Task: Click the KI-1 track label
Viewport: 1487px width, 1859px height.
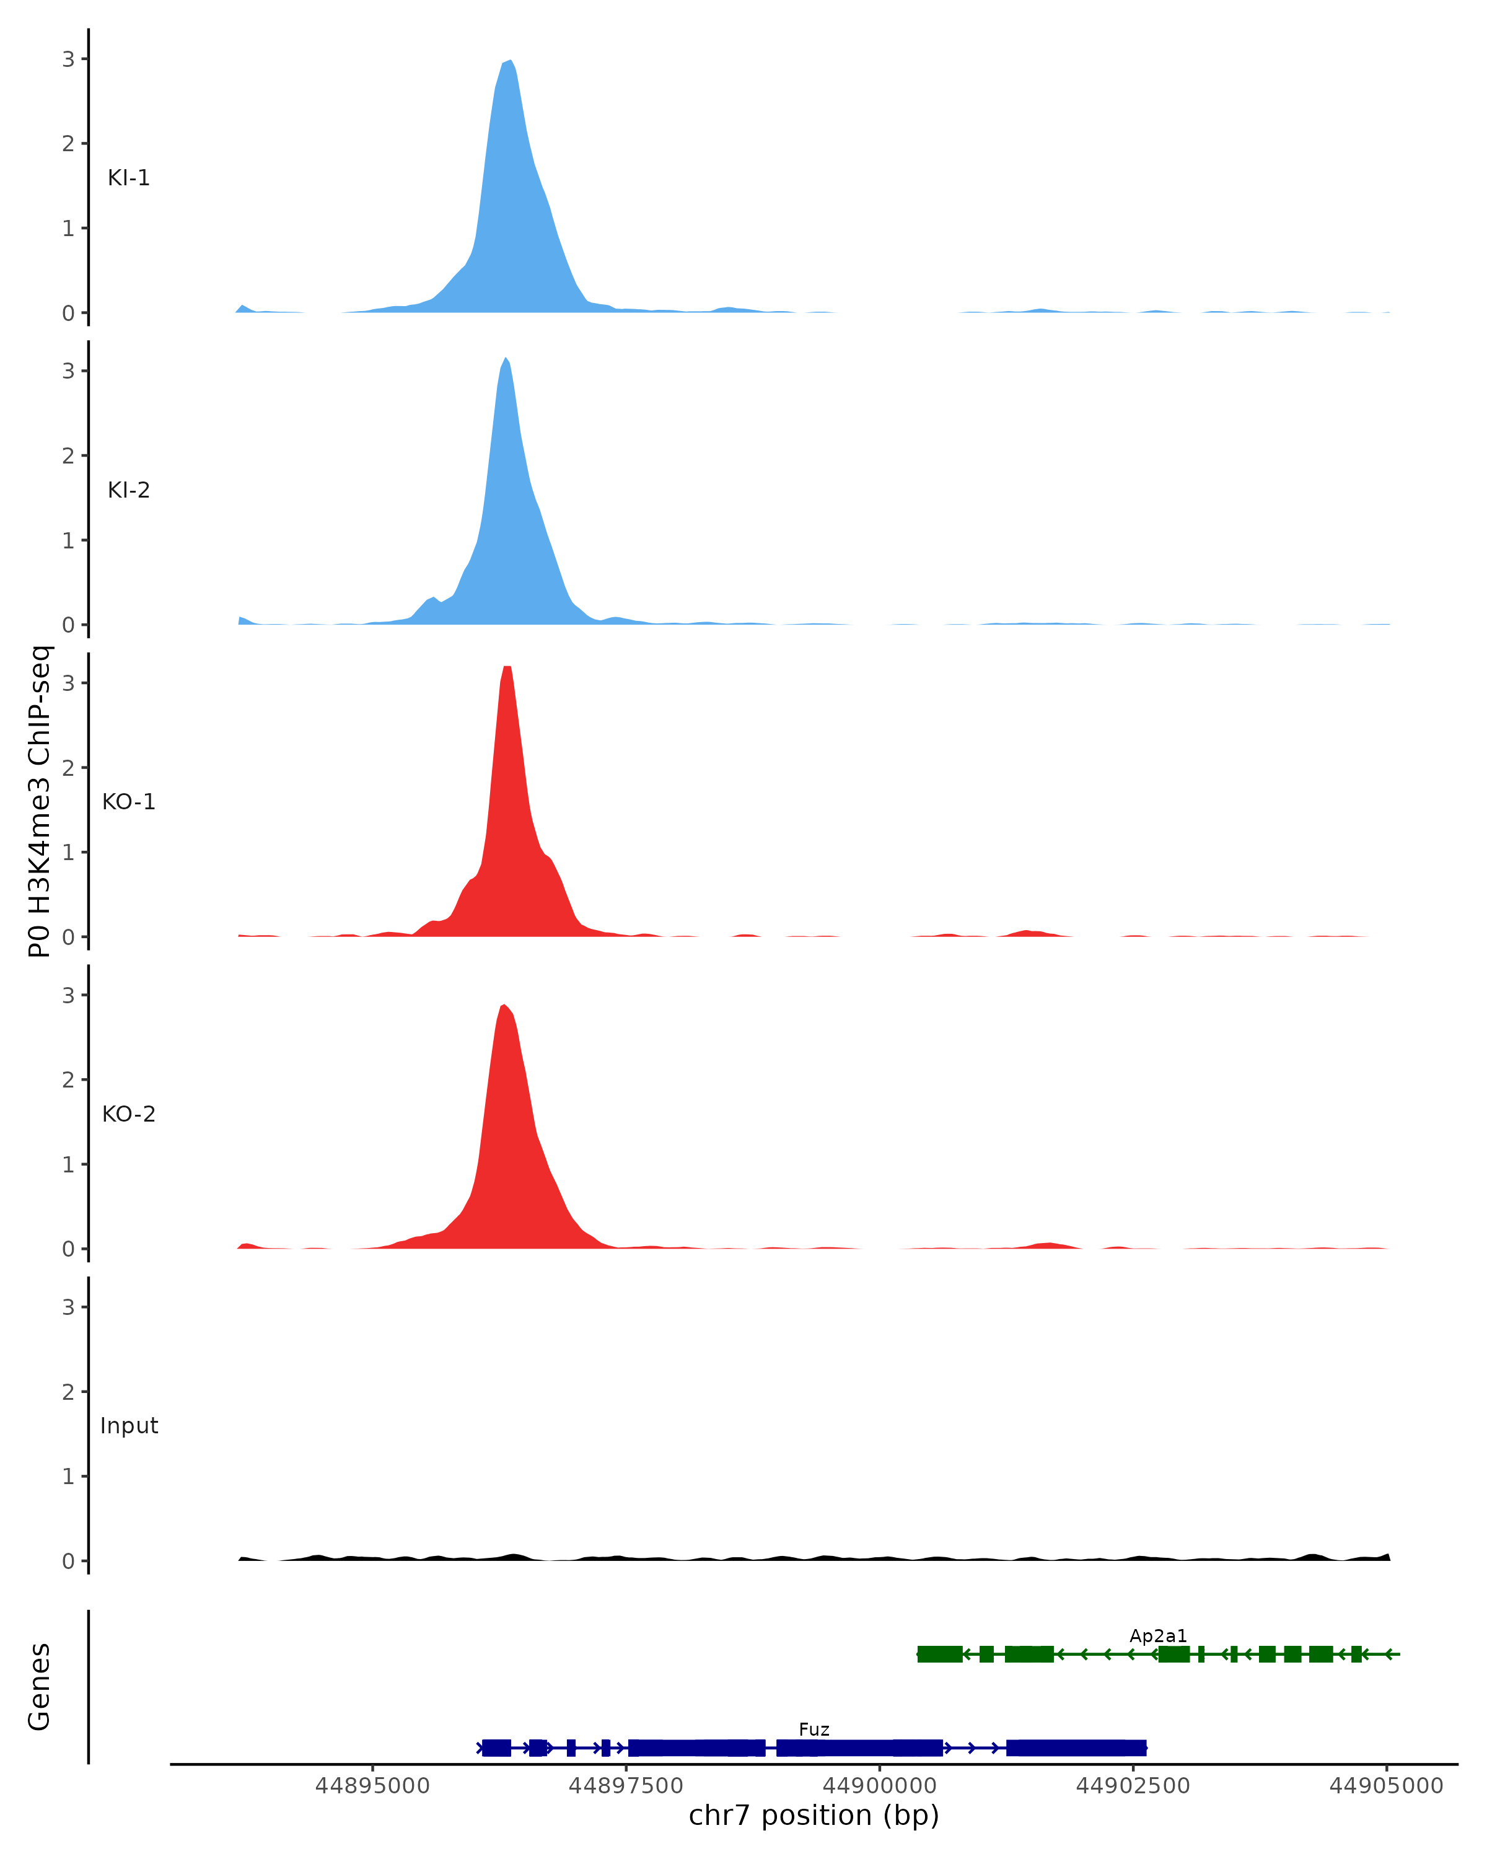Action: [128, 178]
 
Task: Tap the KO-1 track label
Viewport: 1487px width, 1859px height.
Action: [128, 802]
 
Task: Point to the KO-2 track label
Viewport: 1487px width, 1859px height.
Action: [128, 1114]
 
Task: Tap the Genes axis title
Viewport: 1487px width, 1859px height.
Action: [40, 1687]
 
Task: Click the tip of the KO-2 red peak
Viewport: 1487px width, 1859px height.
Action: [504, 1005]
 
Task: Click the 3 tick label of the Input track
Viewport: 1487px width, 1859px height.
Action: [68, 1307]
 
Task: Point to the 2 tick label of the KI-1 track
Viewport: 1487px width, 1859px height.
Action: [68, 144]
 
